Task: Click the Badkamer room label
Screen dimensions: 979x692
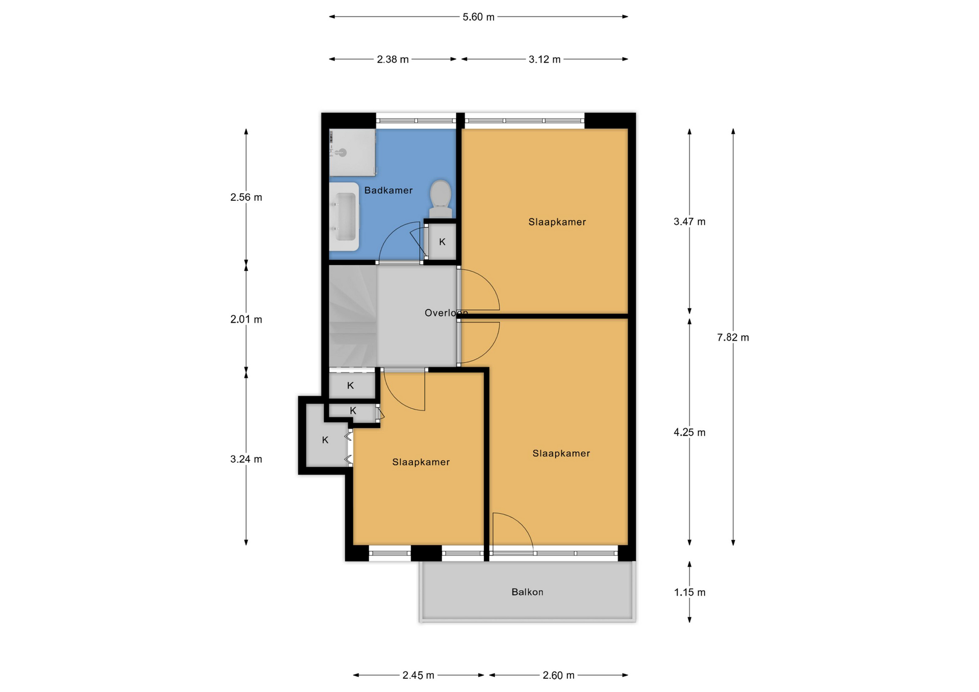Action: click(x=388, y=191)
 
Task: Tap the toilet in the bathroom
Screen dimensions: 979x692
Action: click(x=441, y=199)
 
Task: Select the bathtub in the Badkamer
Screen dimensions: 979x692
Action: click(x=344, y=217)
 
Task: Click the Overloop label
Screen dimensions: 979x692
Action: click(x=446, y=313)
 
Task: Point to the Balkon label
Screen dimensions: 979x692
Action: click(x=527, y=592)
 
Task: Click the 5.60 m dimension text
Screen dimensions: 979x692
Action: click(x=478, y=17)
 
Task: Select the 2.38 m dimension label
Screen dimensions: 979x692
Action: click(x=393, y=60)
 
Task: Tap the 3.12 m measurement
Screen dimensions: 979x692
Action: click(x=545, y=60)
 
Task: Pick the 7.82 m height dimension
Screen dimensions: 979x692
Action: click(x=733, y=337)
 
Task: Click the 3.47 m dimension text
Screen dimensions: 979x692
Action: click(x=689, y=222)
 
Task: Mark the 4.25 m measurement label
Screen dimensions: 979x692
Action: click(x=689, y=433)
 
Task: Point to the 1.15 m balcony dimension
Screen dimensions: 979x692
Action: click(x=689, y=593)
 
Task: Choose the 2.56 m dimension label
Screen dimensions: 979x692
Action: click(x=246, y=198)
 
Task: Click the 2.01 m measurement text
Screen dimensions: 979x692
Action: click(x=246, y=320)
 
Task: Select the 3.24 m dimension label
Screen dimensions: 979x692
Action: click(x=246, y=459)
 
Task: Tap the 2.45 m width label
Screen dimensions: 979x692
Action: click(x=418, y=676)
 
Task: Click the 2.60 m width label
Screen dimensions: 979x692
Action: click(x=558, y=676)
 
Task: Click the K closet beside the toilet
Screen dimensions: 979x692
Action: click(x=442, y=242)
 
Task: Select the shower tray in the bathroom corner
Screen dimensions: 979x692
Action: click(x=352, y=152)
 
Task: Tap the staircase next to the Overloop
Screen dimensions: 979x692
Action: click(x=353, y=316)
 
